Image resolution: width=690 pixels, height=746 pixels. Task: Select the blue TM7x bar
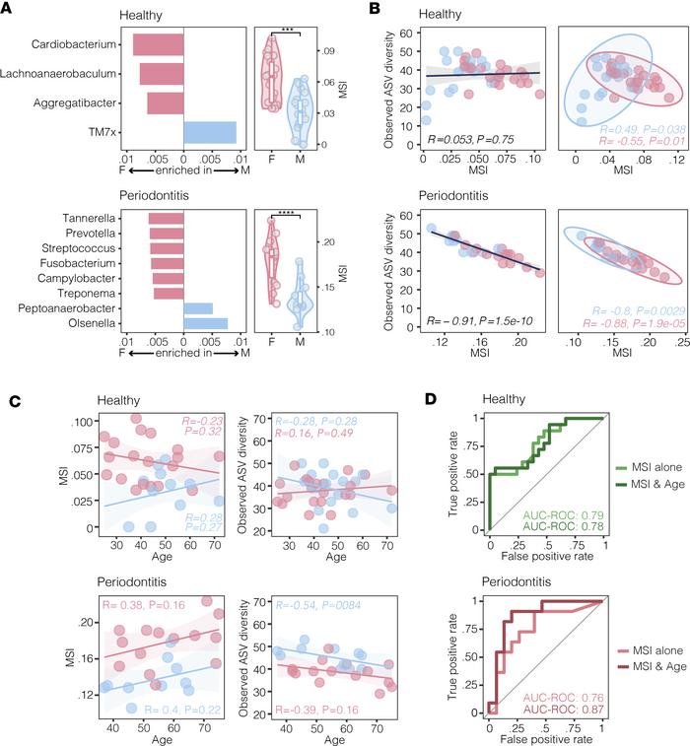[x=209, y=131]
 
